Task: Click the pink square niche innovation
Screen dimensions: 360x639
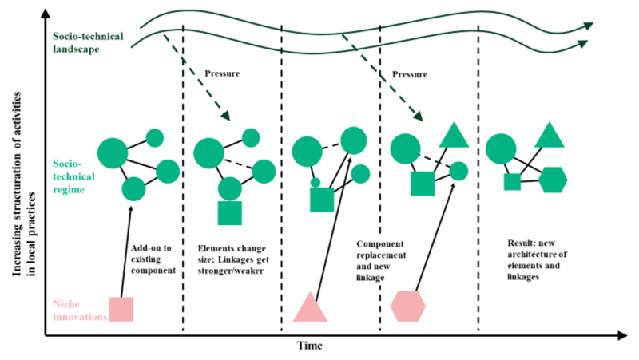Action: (121, 309)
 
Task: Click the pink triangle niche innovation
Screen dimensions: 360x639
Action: (310, 309)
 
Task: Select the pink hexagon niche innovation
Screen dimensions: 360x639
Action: (409, 306)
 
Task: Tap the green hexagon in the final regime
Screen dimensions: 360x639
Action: (553, 181)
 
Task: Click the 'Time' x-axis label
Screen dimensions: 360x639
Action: (310, 346)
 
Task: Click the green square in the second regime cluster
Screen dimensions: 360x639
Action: (229, 213)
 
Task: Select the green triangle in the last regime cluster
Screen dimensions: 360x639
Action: (549, 136)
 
